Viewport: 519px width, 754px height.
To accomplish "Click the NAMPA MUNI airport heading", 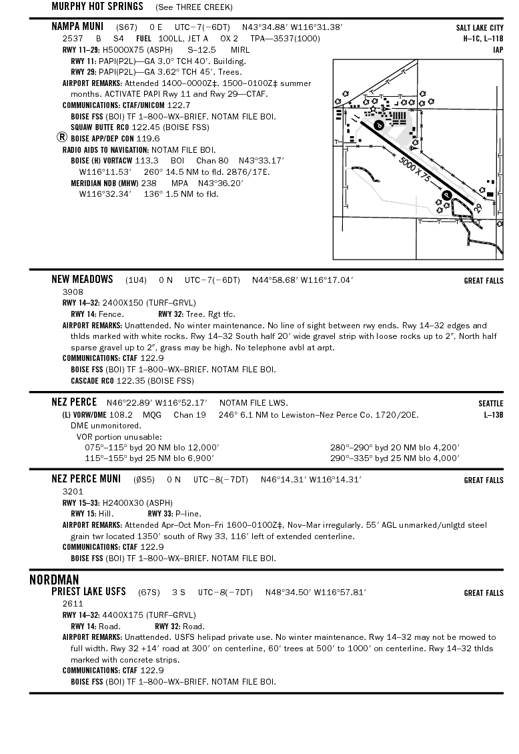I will tap(78, 27).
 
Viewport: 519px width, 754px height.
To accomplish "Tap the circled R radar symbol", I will tap(62, 137).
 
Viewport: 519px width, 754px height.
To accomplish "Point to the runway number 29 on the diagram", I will tap(478, 208).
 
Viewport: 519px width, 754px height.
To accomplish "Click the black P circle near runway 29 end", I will tap(447, 194).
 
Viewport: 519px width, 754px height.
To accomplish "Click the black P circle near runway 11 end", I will tap(378, 125).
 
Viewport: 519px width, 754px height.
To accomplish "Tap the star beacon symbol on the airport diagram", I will tap(374, 108).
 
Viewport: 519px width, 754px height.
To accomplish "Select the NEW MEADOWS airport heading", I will tap(82, 280).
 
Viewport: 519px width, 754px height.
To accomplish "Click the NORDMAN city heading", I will tap(54, 579).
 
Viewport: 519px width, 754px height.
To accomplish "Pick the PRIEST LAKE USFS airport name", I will tap(89, 592).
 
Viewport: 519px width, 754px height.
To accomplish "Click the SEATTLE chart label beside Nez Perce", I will tap(490, 403).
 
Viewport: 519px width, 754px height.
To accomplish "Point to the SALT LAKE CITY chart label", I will tap(480, 28).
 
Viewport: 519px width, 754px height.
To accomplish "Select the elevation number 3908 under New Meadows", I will tap(73, 292).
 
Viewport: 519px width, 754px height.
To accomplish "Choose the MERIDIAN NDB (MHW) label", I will tap(104, 183).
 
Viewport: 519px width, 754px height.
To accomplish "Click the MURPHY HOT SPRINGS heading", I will tap(97, 7).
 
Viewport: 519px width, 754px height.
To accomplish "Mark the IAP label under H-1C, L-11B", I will tap(498, 49).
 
